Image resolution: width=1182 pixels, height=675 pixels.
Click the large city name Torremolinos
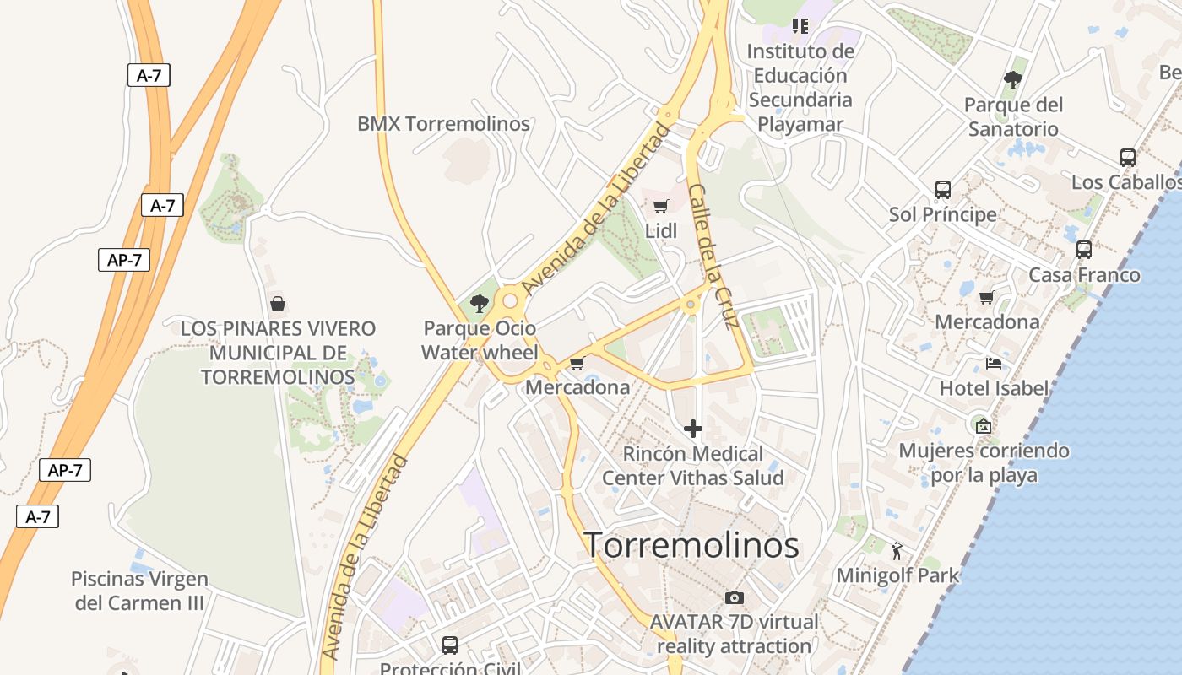coord(691,545)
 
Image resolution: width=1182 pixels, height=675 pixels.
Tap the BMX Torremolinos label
coord(443,124)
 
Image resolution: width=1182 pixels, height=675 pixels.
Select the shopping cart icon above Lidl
coord(661,206)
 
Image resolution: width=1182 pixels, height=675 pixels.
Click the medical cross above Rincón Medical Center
coord(693,429)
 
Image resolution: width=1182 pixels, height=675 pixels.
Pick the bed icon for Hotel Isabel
coord(994,364)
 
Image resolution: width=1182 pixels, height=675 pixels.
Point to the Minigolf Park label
coord(897,576)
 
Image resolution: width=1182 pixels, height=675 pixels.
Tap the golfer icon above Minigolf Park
coord(897,552)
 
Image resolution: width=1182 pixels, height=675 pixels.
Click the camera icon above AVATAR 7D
coord(735,597)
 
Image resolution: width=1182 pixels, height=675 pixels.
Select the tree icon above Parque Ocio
coord(480,303)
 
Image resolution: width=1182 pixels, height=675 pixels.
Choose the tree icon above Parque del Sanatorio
coord(1013,80)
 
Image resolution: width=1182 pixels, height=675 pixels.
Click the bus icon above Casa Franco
coord(1084,250)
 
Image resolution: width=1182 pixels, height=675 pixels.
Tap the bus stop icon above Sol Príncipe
coord(943,190)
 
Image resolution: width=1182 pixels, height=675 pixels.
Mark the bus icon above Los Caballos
coord(1128,157)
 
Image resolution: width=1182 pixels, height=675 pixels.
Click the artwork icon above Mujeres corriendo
coord(983,425)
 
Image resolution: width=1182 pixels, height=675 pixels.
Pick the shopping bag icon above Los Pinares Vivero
coord(278,304)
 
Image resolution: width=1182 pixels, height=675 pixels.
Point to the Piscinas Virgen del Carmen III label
coord(139,591)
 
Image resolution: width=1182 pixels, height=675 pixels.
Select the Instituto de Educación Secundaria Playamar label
coord(800,88)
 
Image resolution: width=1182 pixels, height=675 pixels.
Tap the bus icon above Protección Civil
coord(450,645)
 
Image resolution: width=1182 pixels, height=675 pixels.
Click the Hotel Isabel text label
coord(994,389)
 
